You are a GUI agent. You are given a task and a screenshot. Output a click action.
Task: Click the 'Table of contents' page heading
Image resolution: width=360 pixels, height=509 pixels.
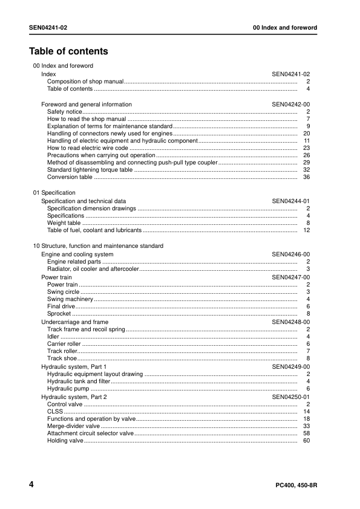coord(68,51)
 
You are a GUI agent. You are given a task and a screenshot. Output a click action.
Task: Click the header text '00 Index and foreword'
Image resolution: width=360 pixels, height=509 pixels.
coord(284,28)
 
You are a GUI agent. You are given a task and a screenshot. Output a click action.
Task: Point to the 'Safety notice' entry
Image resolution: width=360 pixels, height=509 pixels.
coord(64,112)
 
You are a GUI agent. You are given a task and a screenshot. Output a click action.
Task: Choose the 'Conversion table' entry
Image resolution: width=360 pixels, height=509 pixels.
coord(70,177)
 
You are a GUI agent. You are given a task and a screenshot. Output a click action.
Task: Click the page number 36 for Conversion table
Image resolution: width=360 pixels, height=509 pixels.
coord(306,177)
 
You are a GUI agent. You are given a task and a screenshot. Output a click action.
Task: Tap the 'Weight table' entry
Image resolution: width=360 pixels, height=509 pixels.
coord(64,223)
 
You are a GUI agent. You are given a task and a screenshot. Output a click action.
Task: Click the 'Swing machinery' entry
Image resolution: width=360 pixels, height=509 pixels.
coord(70,299)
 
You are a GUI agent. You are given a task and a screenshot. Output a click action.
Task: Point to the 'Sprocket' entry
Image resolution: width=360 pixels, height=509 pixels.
coord(59,314)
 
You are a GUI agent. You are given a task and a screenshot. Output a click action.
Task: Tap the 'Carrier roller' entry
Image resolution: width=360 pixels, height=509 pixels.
coord(64,343)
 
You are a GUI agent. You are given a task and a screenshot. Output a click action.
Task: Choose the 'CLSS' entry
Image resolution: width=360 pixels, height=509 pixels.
coord(55,411)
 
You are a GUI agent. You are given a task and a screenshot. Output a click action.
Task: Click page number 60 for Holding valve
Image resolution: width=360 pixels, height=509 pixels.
coord(306,441)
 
